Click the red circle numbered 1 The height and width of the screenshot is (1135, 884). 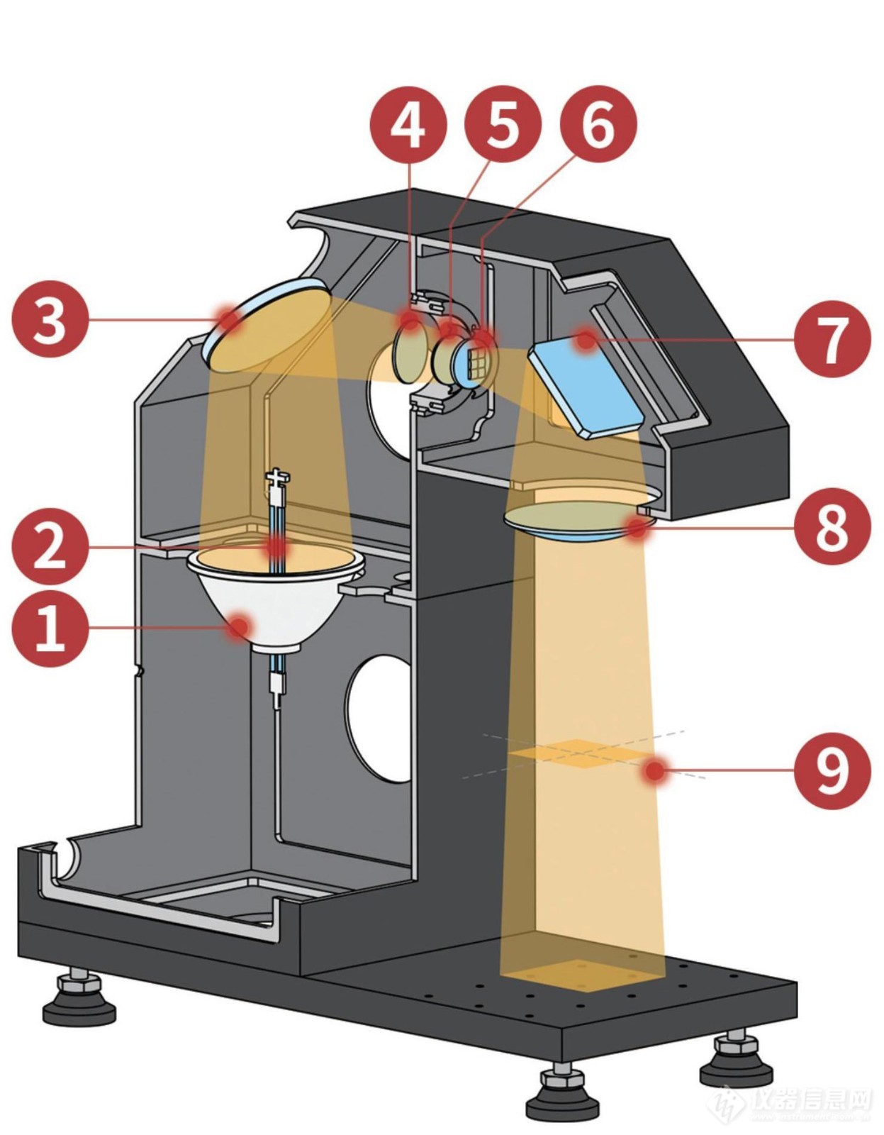click(50, 628)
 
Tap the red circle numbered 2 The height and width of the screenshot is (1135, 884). click(50, 546)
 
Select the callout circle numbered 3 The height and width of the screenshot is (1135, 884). click(50, 319)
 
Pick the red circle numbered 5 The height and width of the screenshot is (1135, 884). click(503, 124)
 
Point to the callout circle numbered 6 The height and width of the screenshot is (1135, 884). click(598, 124)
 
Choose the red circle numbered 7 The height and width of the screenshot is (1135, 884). click(832, 339)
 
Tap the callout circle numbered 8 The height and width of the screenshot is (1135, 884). click(832, 526)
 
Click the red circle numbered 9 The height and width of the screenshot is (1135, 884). click(832, 770)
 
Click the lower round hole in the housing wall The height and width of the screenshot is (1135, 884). click(379, 716)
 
